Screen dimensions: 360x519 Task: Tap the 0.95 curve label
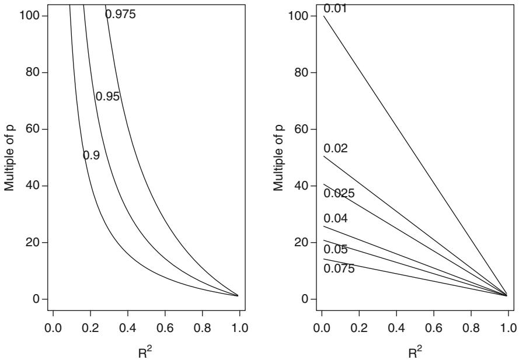coord(107,97)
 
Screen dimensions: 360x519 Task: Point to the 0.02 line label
coord(336,149)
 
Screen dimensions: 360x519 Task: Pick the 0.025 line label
coord(339,193)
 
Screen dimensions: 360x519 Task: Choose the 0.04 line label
coord(336,219)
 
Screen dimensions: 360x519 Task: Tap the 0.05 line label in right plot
coord(336,250)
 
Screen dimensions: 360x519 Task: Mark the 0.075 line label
coord(339,268)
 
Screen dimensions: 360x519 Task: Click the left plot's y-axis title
coord(9,158)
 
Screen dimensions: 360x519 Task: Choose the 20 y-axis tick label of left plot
coord(34,242)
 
